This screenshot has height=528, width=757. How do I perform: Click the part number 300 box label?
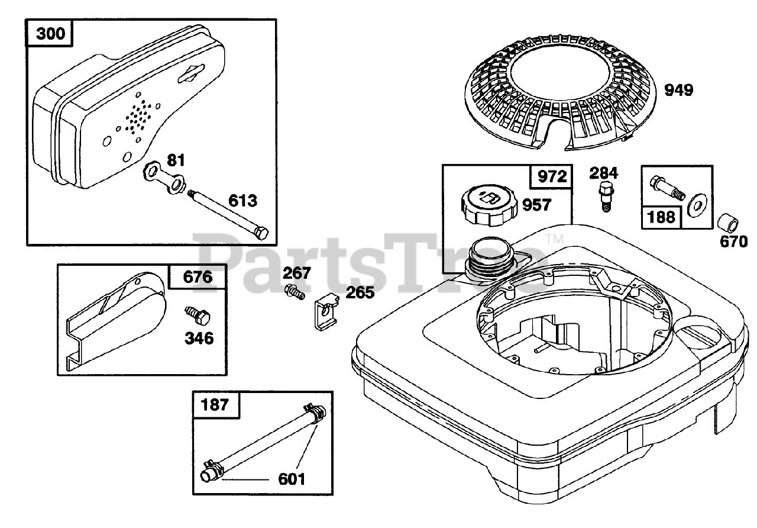[x=51, y=33]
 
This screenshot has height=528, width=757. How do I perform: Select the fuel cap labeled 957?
[x=487, y=206]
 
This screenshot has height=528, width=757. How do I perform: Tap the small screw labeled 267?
[x=294, y=291]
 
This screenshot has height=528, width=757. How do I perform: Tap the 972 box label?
[x=552, y=176]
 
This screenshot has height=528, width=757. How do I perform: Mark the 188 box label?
[x=662, y=216]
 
